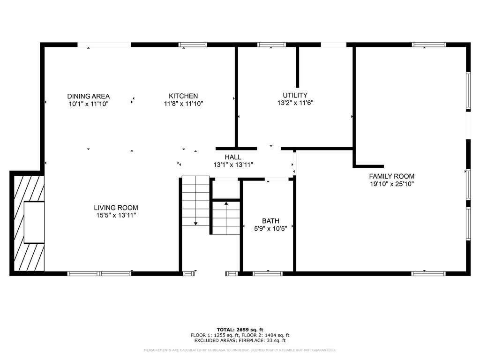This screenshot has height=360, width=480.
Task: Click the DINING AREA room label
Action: tap(88, 96)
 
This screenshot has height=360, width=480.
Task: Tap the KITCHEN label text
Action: tap(183, 96)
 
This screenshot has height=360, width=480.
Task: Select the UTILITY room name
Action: tap(295, 95)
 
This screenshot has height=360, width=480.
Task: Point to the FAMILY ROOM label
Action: tap(391, 176)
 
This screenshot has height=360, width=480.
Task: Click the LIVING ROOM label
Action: tap(116, 208)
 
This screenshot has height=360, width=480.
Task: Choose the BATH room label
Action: tap(270, 221)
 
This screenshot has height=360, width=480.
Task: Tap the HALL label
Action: tap(233, 157)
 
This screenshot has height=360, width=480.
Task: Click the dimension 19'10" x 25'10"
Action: tap(391, 184)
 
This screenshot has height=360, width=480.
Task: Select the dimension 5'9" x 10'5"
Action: tap(270, 228)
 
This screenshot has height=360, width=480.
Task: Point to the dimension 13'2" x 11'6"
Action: tap(295, 103)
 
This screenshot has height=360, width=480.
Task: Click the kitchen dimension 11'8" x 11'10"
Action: tap(183, 104)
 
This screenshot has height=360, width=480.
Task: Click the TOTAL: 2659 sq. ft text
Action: tap(240, 330)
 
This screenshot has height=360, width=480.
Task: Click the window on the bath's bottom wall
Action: tap(268, 273)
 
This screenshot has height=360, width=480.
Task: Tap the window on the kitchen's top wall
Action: tap(193, 45)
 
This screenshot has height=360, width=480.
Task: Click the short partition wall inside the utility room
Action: tap(297, 67)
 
